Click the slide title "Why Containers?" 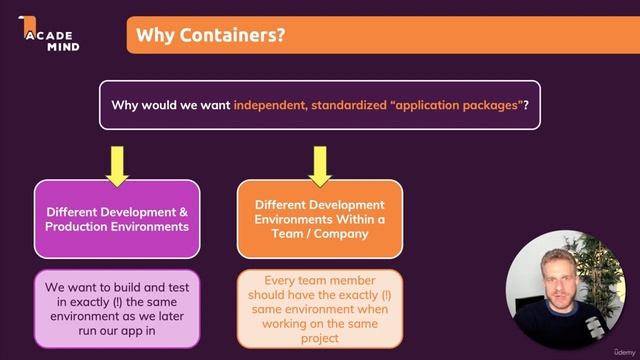pos(210,36)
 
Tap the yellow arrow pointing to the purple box pos(117,165)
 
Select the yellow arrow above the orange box pos(319,165)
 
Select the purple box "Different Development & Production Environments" pos(117,219)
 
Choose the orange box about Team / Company pos(319,219)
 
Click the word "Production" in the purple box pos(81,227)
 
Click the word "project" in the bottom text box pos(319,338)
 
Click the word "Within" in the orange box pos(351,219)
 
